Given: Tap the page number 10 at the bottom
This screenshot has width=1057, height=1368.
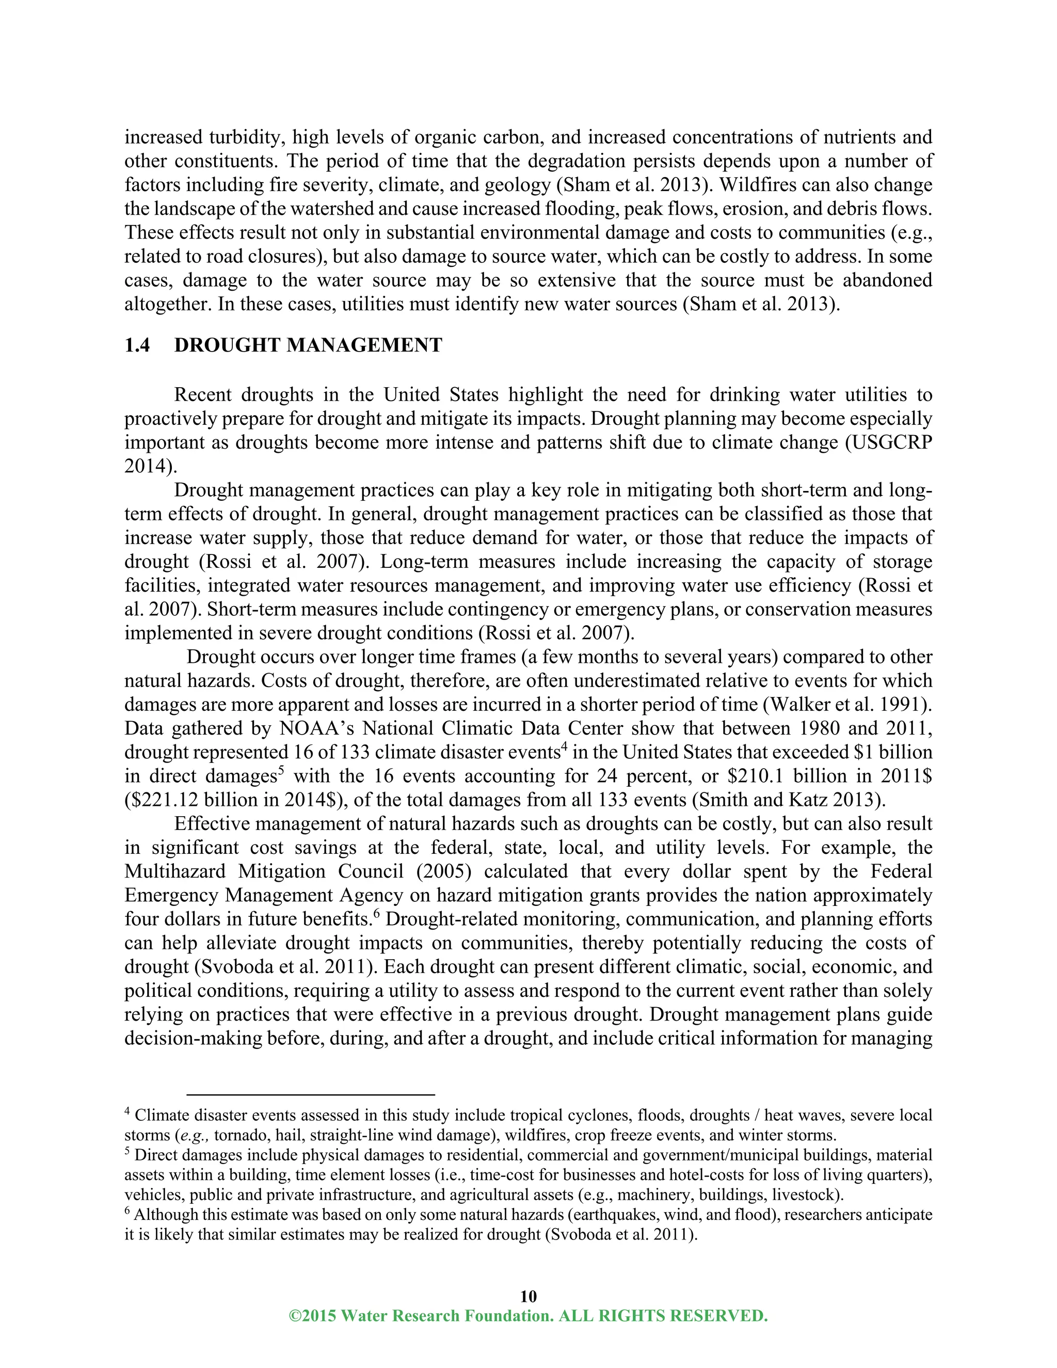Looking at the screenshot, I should point(528,1296).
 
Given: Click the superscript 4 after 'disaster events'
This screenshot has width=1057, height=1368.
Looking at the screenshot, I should point(563,746).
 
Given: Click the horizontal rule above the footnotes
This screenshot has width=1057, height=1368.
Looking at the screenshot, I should point(310,1094).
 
